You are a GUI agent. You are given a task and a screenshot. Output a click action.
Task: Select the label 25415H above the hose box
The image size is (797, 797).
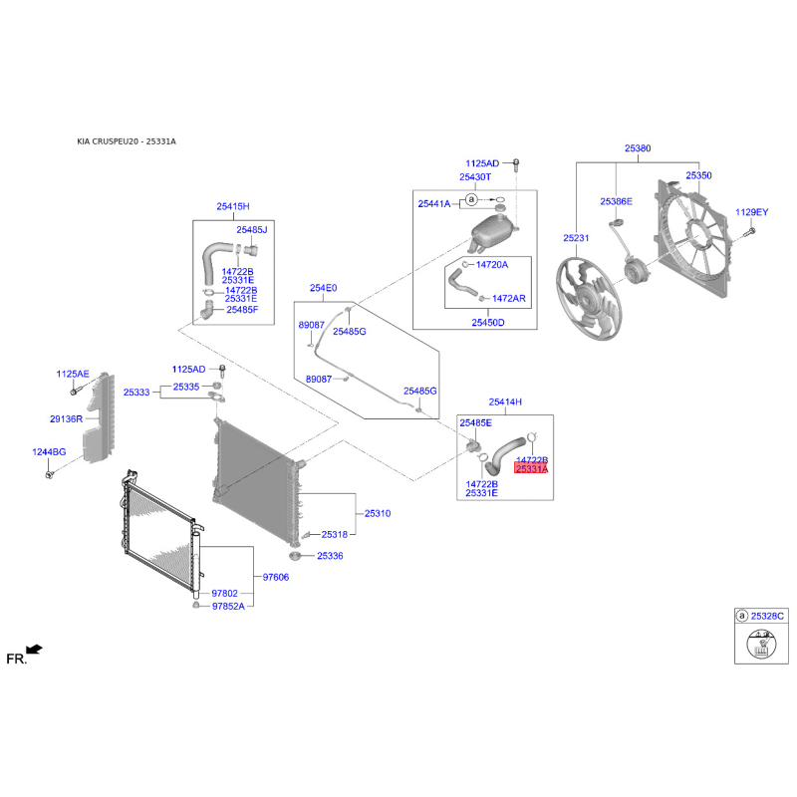pos(233,206)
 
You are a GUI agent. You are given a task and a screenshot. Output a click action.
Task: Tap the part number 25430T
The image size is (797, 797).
pos(475,177)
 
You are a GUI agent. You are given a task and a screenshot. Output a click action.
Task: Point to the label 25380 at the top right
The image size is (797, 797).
pos(638,148)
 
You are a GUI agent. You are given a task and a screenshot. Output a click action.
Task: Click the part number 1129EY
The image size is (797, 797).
pos(752,212)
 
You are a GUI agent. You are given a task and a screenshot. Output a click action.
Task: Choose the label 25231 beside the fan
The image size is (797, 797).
pos(576,238)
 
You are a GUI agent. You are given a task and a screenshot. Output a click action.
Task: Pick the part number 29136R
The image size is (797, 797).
pos(68,419)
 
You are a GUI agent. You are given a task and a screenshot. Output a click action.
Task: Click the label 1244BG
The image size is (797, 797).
pos(48,452)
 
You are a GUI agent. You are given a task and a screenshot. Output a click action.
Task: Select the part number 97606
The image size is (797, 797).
pos(275,577)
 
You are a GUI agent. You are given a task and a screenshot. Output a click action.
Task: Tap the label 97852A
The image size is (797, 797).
pos(227,606)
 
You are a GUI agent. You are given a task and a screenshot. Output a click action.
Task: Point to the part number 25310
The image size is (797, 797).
pos(378,513)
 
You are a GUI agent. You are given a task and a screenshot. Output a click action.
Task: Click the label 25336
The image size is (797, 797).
pos(330,556)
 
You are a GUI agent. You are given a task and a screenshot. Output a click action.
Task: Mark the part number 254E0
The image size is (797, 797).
pos(323,288)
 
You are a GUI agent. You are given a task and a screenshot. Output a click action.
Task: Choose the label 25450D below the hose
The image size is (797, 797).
pos(488,323)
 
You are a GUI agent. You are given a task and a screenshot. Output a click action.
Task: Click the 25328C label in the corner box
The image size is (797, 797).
pos(767,617)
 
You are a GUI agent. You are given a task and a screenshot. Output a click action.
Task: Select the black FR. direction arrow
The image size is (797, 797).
pos(35,650)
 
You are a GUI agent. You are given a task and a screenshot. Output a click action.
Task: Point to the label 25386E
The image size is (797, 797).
pos(616,201)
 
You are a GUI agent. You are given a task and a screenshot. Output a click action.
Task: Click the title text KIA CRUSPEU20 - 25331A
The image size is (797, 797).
pos(127,141)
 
